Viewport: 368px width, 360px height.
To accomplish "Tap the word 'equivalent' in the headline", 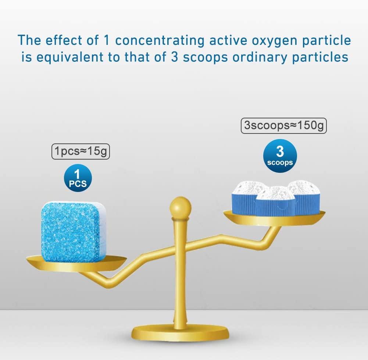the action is coord(70,57).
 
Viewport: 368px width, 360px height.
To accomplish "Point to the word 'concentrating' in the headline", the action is coord(160,41).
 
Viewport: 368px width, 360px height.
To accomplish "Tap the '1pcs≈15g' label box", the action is coord(81,152).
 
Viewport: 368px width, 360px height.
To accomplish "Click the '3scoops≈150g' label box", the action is coord(284,125).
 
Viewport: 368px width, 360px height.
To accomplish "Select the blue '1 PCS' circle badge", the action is coord(78,178).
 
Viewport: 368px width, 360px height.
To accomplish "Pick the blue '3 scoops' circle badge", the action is coord(280,156).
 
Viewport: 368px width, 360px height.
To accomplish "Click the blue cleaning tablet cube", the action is coord(74,231).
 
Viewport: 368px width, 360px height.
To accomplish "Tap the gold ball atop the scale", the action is coord(180,208).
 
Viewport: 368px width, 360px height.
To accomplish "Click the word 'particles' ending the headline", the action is coord(320,58).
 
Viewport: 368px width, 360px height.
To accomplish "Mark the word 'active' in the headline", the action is coord(228,40).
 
